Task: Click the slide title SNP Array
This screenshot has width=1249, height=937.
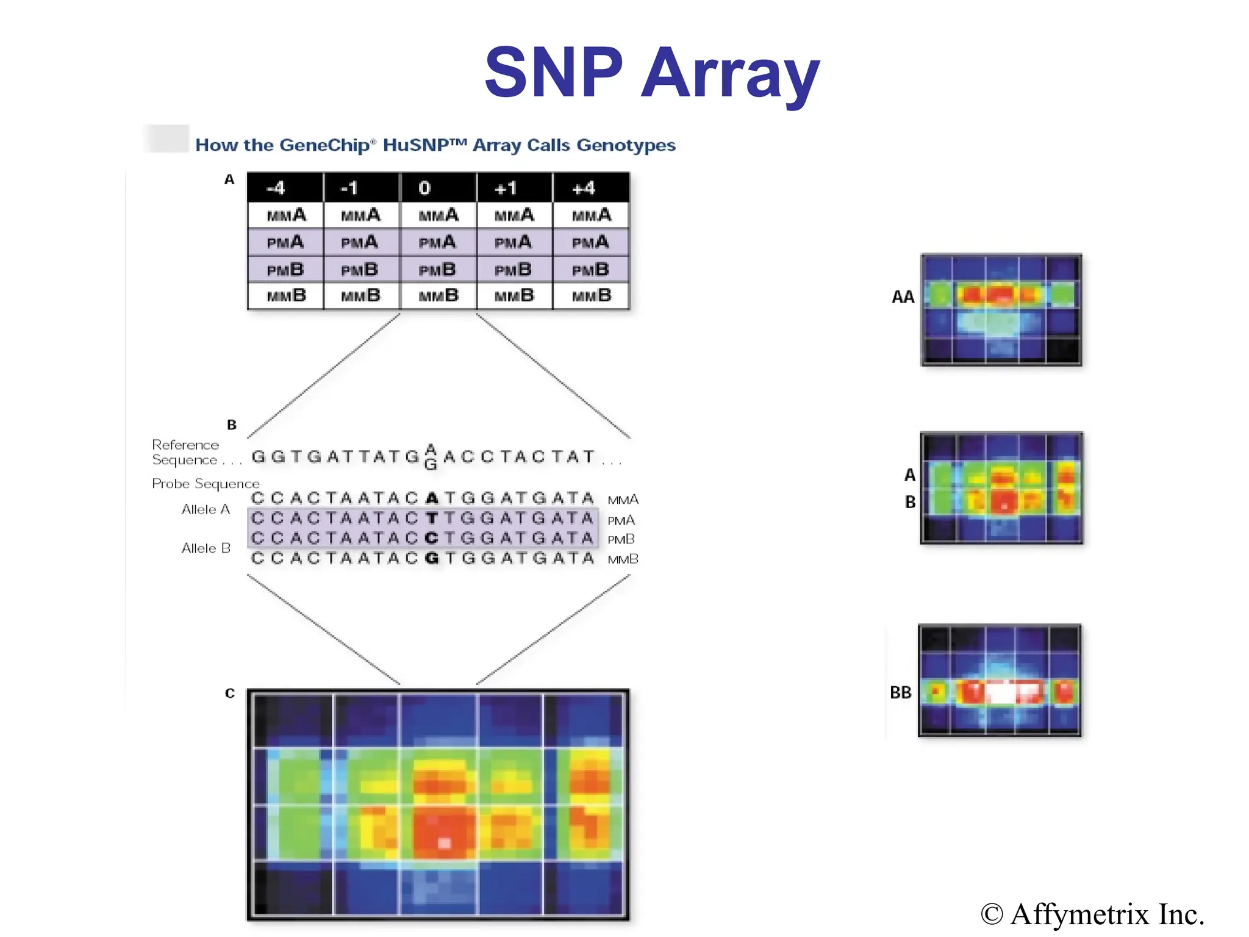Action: [x=651, y=73]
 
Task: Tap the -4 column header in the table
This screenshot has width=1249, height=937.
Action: [x=276, y=188]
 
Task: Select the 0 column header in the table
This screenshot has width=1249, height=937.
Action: [x=425, y=188]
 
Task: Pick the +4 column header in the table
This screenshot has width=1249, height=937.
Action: [x=584, y=188]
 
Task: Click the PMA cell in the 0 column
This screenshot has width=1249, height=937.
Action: [x=437, y=243]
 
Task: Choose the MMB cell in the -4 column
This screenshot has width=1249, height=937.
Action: [x=286, y=296]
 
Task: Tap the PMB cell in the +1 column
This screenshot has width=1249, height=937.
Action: [x=513, y=270]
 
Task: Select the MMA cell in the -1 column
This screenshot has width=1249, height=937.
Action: [x=360, y=215]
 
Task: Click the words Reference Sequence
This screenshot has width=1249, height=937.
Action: [x=185, y=452]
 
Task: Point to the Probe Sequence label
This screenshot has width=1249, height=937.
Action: [x=206, y=484]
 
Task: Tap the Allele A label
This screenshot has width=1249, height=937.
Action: [x=206, y=509]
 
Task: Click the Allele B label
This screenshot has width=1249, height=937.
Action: [x=206, y=548]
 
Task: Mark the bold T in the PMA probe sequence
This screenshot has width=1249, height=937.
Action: [x=432, y=519]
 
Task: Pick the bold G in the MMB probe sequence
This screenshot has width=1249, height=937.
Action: [x=432, y=558]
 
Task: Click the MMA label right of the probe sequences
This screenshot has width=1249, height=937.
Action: [x=623, y=500]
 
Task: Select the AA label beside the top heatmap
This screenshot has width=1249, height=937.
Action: [x=903, y=297]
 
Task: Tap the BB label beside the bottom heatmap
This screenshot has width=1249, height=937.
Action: [x=900, y=692]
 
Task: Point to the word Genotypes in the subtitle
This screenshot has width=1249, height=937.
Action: [x=626, y=145]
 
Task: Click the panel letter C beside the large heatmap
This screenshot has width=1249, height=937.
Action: [x=229, y=693]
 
